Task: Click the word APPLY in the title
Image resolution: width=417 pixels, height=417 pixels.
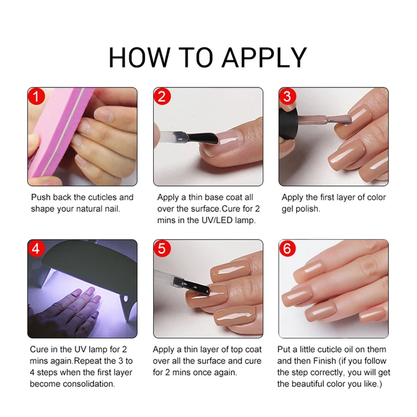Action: coord(264,57)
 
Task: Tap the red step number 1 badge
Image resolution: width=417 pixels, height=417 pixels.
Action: coord(36,96)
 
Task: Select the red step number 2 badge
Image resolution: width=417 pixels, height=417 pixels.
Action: coord(162,96)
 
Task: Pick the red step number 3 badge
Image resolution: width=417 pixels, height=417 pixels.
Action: coord(287,96)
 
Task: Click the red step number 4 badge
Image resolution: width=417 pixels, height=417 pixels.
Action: coord(36,249)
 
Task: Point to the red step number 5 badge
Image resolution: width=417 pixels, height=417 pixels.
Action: coord(162,249)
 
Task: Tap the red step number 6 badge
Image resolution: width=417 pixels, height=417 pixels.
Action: coord(287,249)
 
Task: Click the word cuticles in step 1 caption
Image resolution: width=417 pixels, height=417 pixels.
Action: coord(103,198)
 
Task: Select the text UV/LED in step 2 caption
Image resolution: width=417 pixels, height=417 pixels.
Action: coord(222,220)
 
